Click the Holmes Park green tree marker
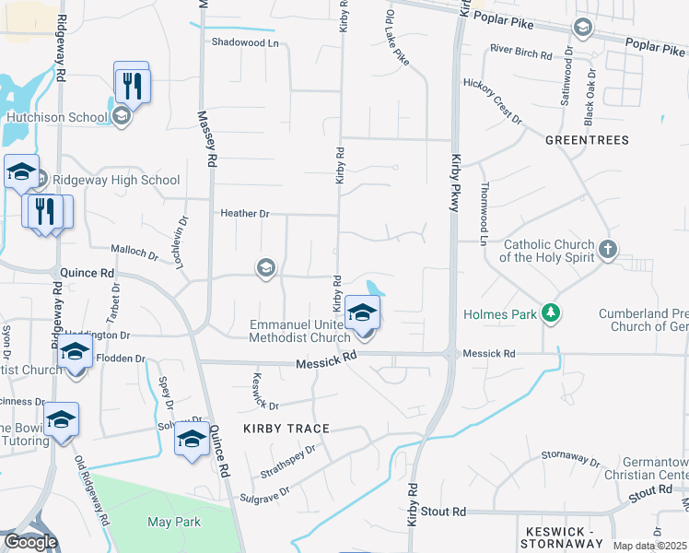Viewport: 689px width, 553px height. [551, 314]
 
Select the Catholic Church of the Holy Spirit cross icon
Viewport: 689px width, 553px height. [607, 249]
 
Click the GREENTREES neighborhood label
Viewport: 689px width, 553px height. [587, 140]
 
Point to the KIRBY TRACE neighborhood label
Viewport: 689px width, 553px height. [286, 429]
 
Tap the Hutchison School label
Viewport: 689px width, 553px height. [57, 117]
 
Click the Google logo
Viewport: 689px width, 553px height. [30, 542]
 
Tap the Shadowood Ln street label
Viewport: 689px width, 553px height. [245, 42]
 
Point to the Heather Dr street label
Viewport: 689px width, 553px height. [244, 214]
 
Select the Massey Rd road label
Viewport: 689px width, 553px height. [210, 139]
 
